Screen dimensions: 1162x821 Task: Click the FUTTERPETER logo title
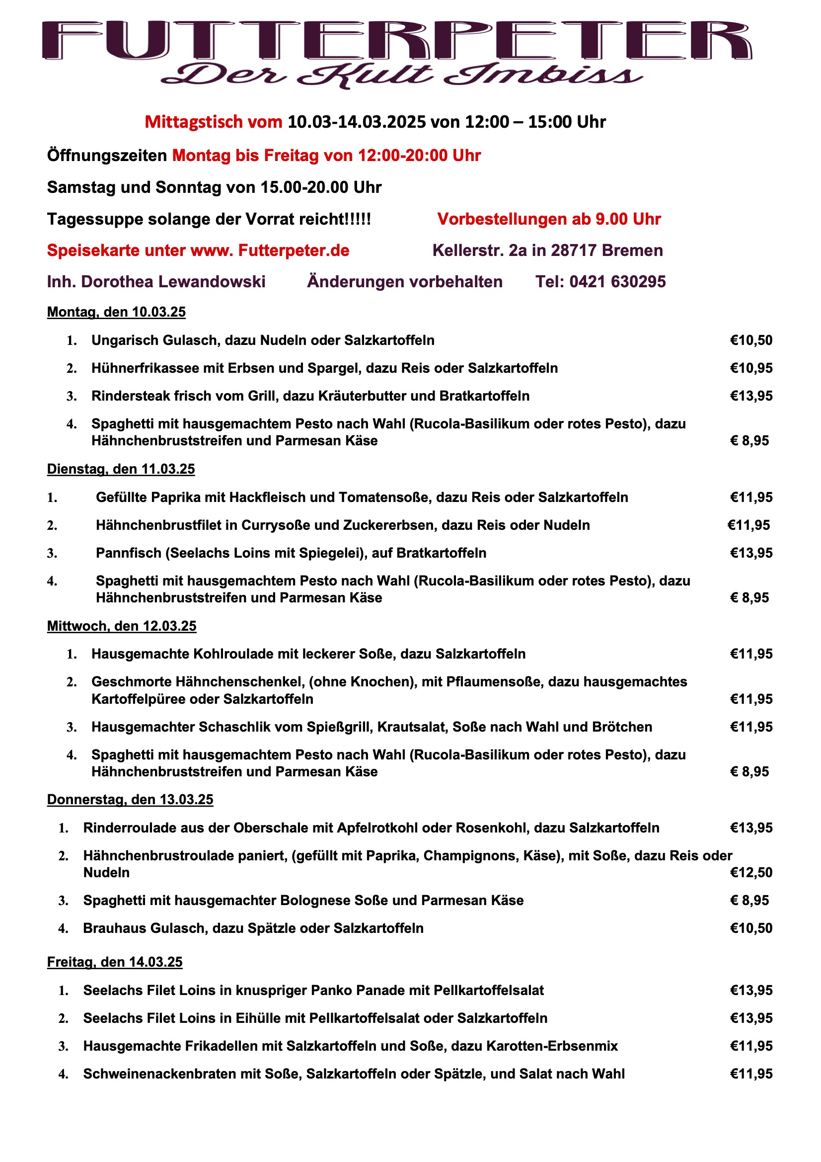click(x=397, y=40)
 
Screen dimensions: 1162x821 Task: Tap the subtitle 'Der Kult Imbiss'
click(x=402, y=76)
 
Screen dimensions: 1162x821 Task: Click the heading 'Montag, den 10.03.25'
click(x=116, y=312)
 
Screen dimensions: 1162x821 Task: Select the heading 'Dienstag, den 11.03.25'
click(x=121, y=469)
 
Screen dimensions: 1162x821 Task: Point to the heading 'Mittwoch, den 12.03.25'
click(x=121, y=626)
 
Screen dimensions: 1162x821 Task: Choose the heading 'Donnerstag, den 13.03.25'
click(x=130, y=800)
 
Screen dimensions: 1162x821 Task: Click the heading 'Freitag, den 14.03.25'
click(x=115, y=962)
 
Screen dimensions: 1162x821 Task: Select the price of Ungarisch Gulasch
click(x=751, y=340)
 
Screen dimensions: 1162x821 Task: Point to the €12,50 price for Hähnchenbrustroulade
click(x=751, y=873)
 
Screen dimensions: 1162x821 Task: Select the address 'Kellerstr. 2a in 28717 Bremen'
click(x=547, y=250)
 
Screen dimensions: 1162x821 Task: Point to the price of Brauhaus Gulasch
click(x=751, y=928)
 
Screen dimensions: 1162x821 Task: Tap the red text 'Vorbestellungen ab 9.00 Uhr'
click(x=549, y=219)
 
